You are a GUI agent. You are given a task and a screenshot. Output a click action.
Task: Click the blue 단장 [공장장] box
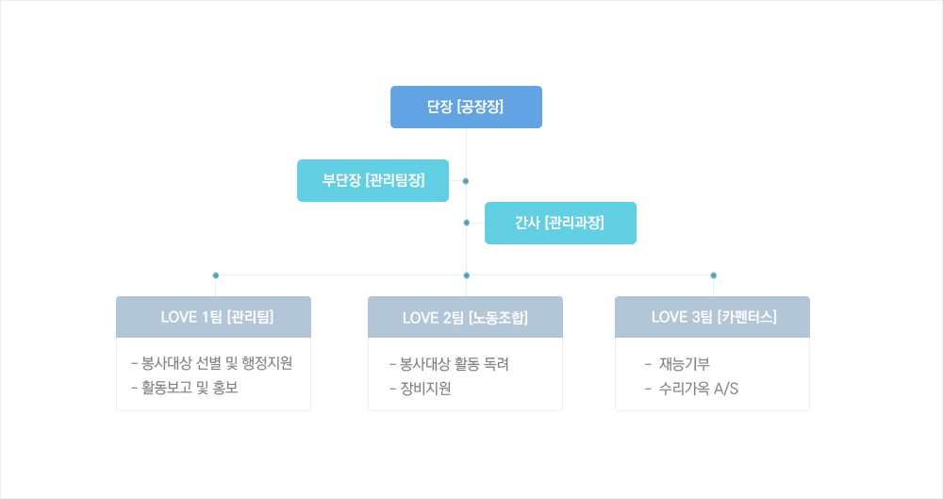point(466,107)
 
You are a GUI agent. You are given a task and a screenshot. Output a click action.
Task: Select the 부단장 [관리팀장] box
point(372,180)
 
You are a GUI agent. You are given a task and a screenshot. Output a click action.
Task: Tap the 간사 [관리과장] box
point(560,223)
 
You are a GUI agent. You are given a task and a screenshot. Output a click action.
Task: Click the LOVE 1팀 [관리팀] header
point(213,317)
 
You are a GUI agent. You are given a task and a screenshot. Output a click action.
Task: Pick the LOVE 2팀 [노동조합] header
point(465,317)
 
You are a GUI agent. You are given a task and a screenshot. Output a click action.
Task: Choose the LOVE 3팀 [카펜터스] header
point(712,317)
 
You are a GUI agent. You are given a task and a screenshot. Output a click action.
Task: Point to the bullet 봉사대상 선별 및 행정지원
point(212,364)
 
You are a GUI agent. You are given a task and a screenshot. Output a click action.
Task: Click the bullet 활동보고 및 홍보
point(185,388)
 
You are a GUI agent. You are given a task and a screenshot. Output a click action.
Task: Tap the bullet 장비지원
point(421,388)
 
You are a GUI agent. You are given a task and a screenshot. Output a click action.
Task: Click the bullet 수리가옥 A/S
point(691,388)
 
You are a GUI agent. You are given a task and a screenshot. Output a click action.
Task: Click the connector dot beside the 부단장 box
point(466,180)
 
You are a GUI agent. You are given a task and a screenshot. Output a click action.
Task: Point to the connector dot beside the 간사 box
point(467,223)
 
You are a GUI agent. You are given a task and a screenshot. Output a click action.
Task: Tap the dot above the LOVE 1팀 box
point(216,275)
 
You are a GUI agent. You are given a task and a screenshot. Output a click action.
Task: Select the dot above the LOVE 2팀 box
point(467,275)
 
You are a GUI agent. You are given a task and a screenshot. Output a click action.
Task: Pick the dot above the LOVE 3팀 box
point(714,275)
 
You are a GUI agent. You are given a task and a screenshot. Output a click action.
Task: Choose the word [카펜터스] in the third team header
point(746,317)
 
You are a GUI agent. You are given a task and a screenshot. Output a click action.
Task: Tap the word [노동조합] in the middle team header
point(497,317)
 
